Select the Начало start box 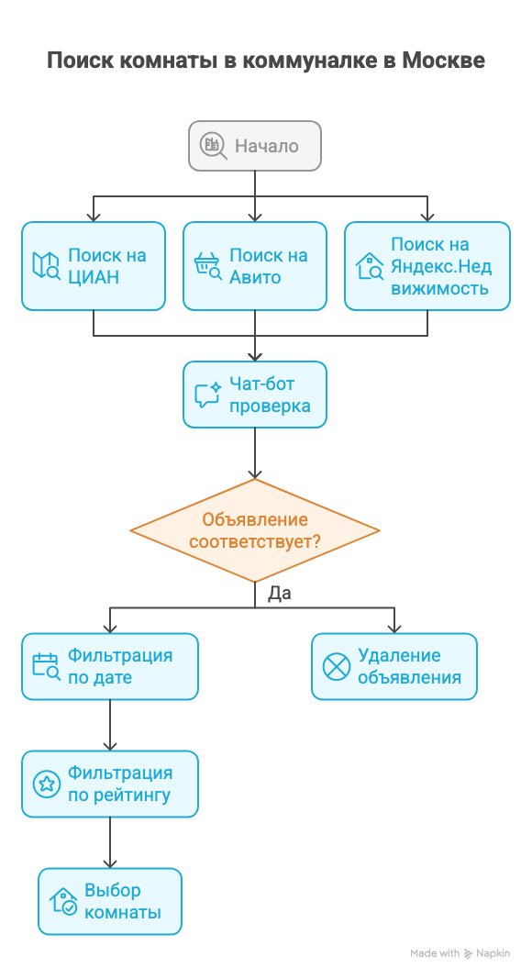pyautogui.click(x=255, y=146)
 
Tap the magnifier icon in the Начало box pyautogui.click(x=214, y=145)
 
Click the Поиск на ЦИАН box pyautogui.click(x=94, y=266)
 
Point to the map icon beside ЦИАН pyautogui.click(x=46, y=266)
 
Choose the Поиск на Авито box pyautogui.click(x=255, y=266)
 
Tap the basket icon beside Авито pyautogui.click(x=207, y=266)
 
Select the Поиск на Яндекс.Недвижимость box pyautogui.click(x=427, y=266)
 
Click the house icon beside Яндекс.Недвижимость pyautogui.click(x=370, y=266)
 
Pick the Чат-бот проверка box pyautogui.click(x=255, y=395)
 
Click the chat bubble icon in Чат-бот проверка pyautogui.click(x=207, y=395)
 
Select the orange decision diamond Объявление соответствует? pyautogui.click(x=255, y=530)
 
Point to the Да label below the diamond pyautogui.click(x=280, y=594)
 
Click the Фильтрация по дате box pyautogui.click(x=110, y=667)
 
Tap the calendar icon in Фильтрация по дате pyautogui.click(x=46, y=667)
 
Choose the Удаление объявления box pyautogui.click(x=394, y=667)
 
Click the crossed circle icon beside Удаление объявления pyautogui.click(x=337, y=667)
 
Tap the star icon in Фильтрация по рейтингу pyautogui.click(x=46, y=784)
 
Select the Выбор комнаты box pyautogui.click(x=110, y=902)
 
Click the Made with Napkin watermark pyautogui.click(x=460, y=953)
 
